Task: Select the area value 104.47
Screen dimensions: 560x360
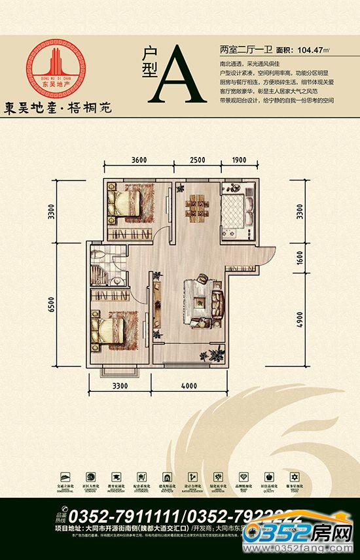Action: click(x=312, y=49)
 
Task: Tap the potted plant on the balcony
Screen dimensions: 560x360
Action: click(x=204, y=357)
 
